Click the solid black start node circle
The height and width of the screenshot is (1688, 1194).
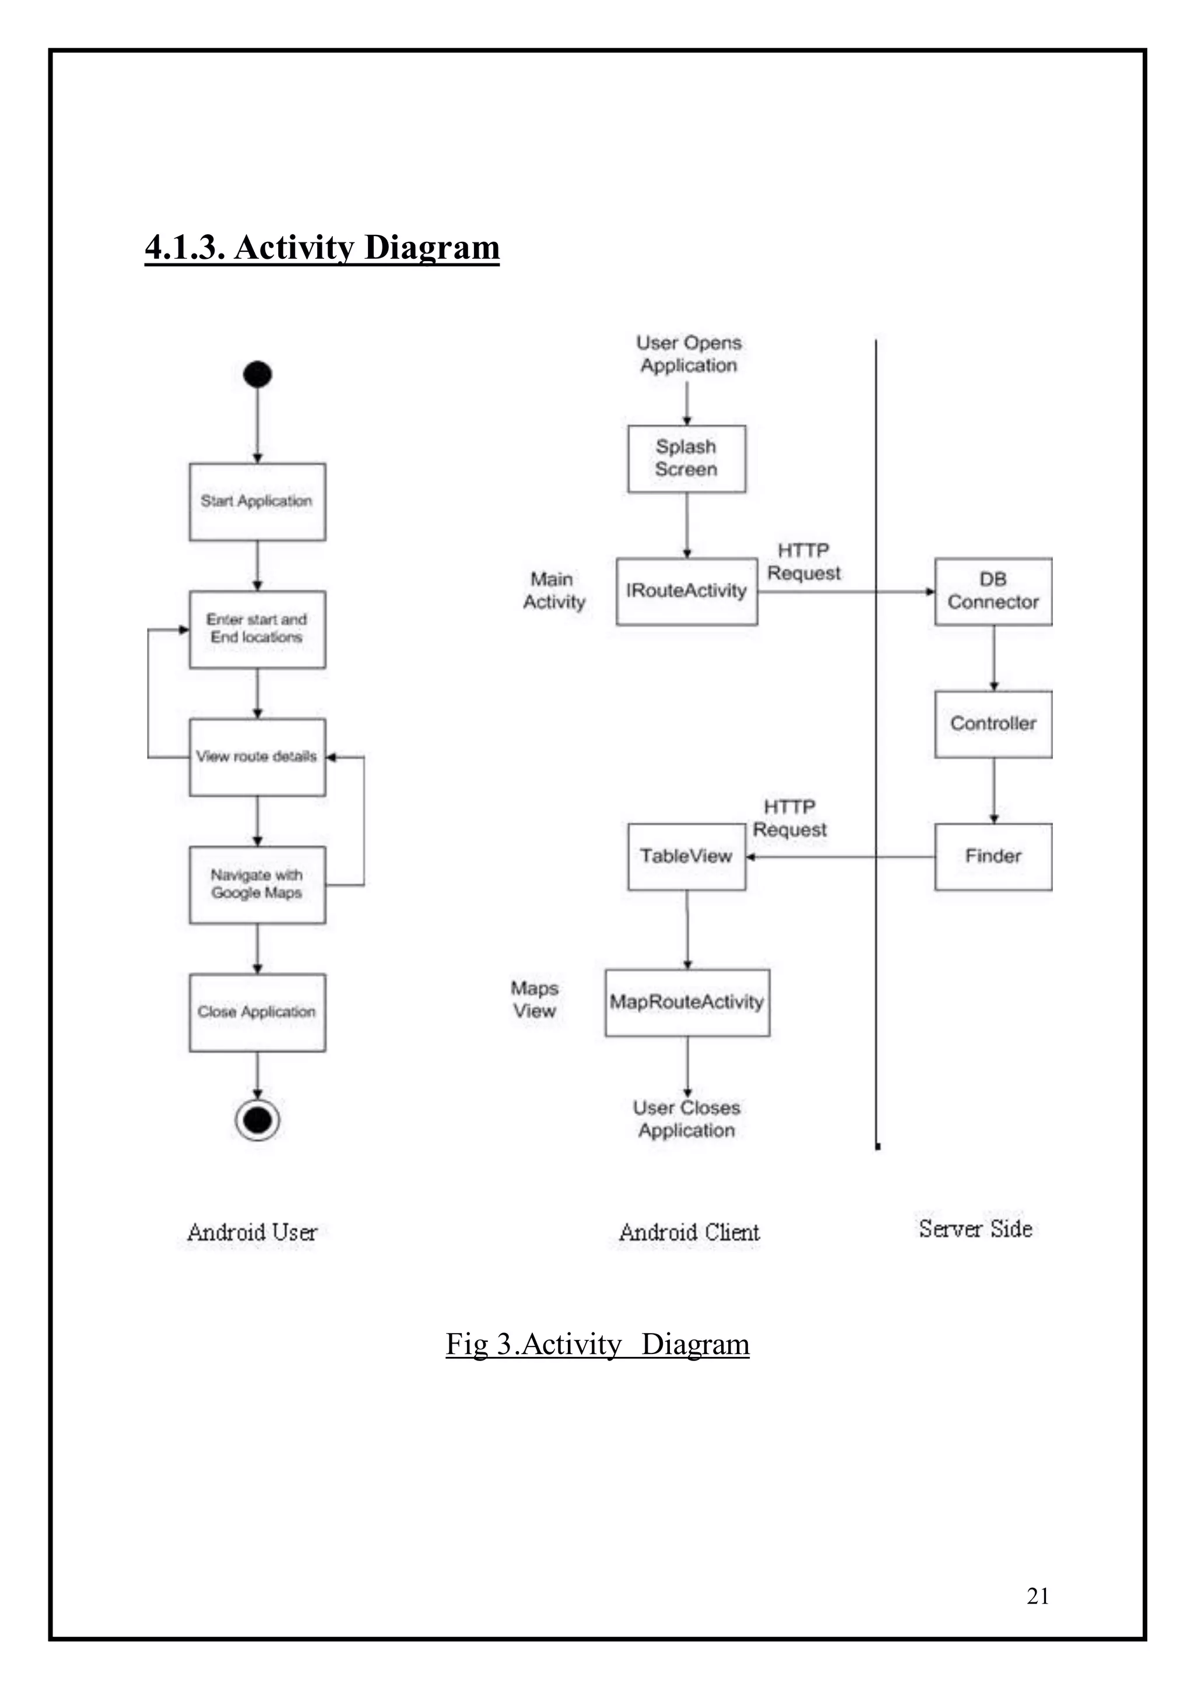257,374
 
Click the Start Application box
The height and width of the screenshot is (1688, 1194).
257,501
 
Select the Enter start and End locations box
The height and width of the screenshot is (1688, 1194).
257,630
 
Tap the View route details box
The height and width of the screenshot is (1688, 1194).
257,757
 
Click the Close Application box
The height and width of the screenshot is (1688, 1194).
257,1012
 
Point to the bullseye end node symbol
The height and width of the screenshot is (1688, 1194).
257,1120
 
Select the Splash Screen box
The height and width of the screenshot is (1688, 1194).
687,459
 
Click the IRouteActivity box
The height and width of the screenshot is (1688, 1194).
687,591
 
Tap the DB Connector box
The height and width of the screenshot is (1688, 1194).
993,591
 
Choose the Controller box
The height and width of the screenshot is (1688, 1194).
993,723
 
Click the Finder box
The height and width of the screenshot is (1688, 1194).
993,856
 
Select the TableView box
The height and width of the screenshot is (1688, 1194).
687,856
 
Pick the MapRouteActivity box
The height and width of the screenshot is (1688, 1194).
687,1002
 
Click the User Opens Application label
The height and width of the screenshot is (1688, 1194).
689,354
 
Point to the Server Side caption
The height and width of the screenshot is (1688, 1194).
975,1229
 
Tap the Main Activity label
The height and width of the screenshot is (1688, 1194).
554,590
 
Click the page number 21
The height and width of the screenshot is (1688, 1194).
1037,1596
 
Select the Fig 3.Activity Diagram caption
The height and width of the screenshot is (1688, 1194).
597,1345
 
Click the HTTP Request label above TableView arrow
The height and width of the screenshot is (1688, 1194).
789,818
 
